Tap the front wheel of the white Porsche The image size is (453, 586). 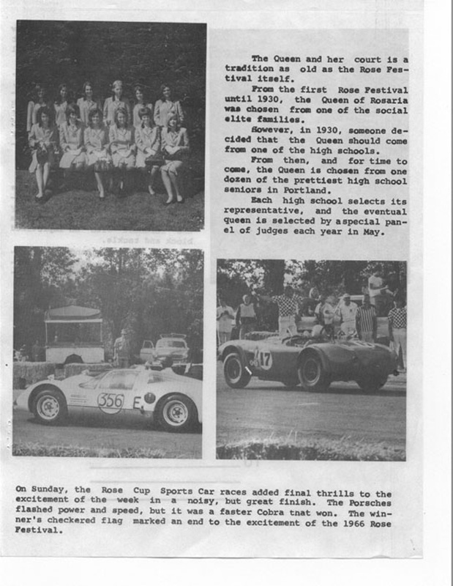(50, 407)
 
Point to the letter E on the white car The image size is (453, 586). (137, 402)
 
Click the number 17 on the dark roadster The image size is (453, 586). (263, 358)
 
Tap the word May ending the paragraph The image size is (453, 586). (374, 231)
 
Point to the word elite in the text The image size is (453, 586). (239, 118)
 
